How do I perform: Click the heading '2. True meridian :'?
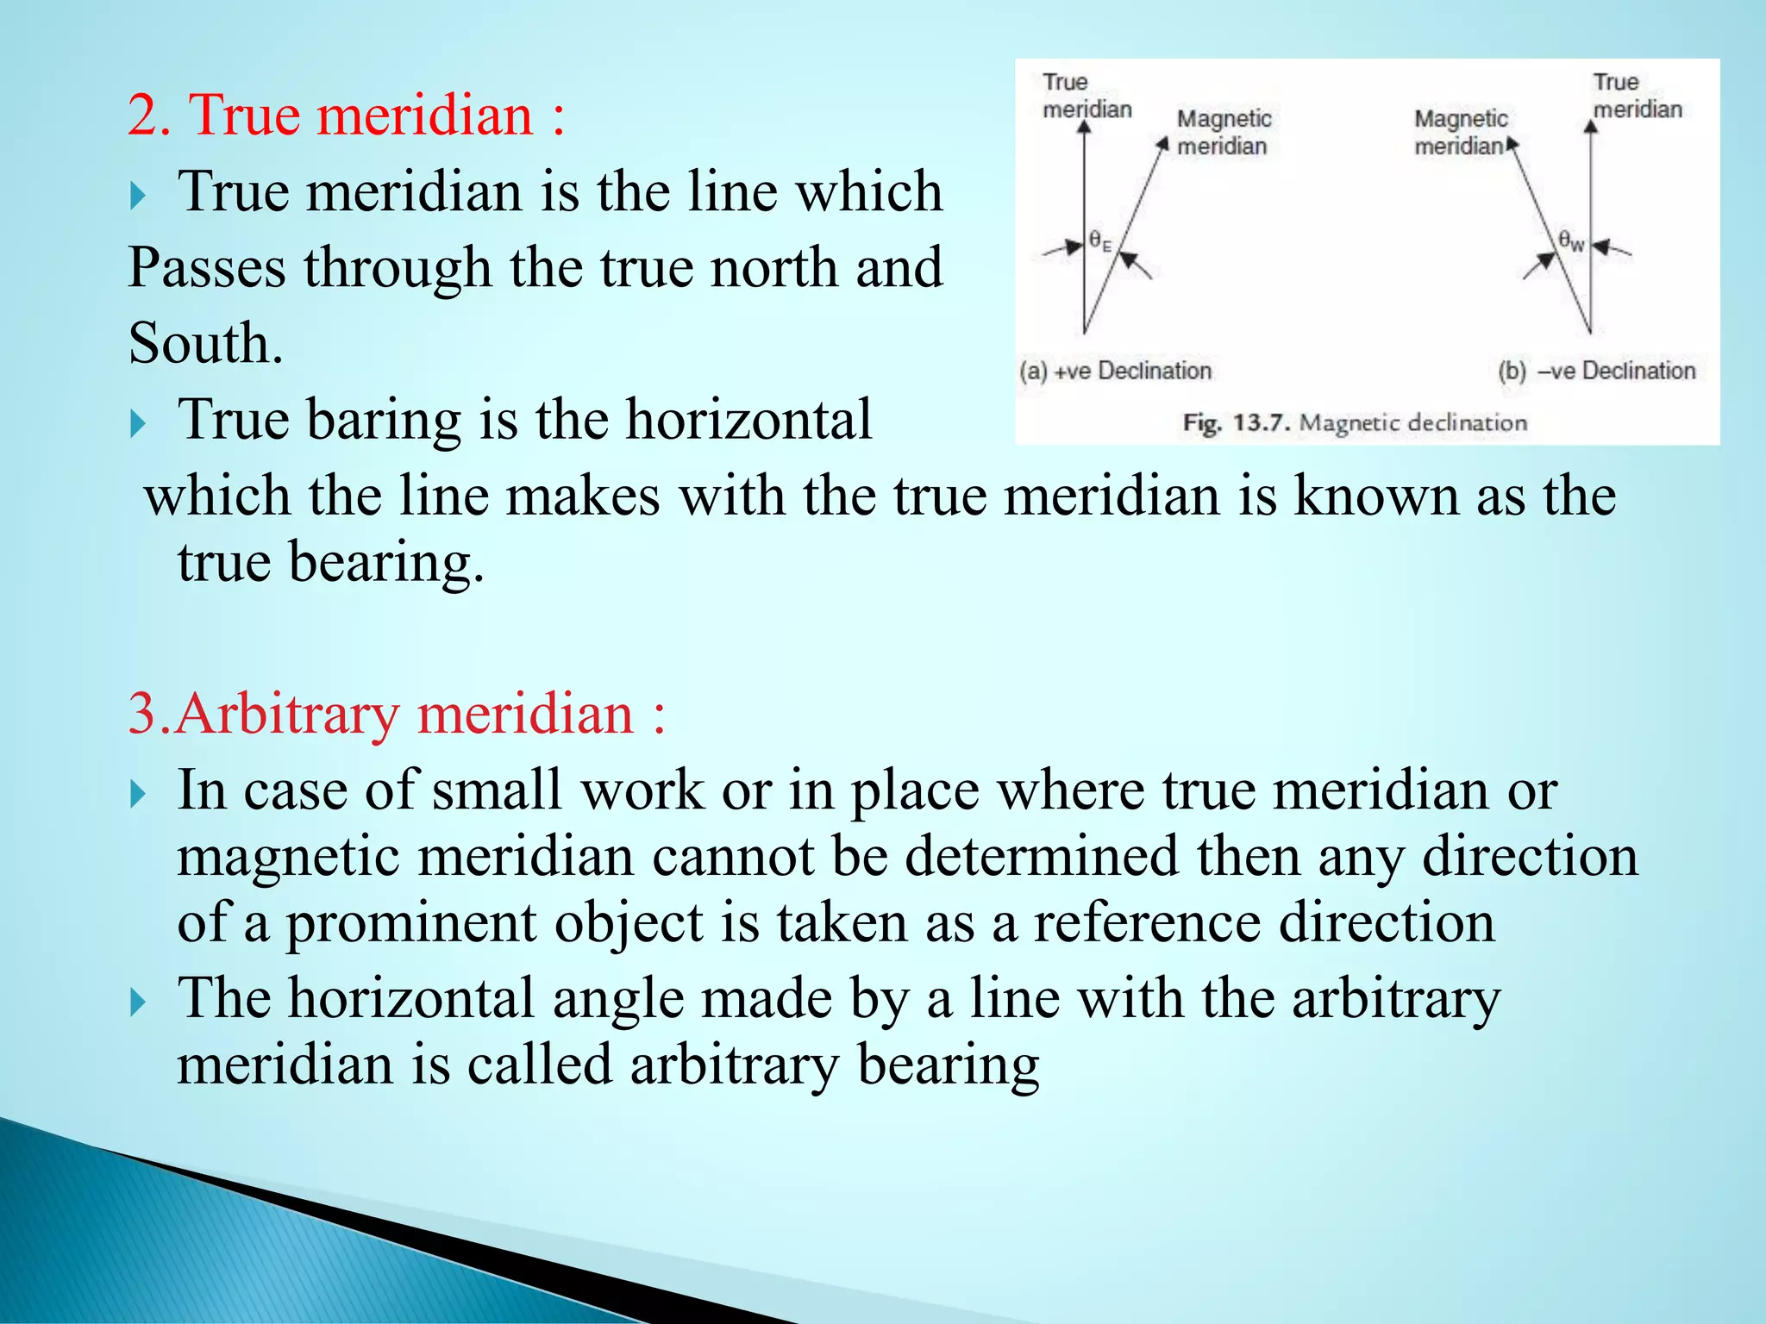click(346, 116)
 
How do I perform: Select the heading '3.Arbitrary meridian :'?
click(397, 715)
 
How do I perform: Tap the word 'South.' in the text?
click(205, 344)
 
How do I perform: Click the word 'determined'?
click(1040, 857)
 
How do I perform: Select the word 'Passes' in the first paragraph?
click(207, 268)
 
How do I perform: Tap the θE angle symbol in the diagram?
click(1099, 240)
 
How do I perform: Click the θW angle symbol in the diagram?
click(1570, 240)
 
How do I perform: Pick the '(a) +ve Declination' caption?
click(1115, 372)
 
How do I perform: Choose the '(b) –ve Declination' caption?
click(1596, 372)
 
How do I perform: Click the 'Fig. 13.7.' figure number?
click(1236, 423)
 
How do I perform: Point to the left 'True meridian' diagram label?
click(1086, 96)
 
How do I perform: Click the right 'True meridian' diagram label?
click(1636, 96)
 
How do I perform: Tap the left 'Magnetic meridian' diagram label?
click(1223, 133)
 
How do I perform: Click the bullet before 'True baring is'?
click(138, 423)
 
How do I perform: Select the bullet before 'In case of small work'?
click(138, 794)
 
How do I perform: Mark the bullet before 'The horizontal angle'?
click(138, 1002)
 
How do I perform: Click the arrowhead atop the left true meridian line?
click(1085, 127)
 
